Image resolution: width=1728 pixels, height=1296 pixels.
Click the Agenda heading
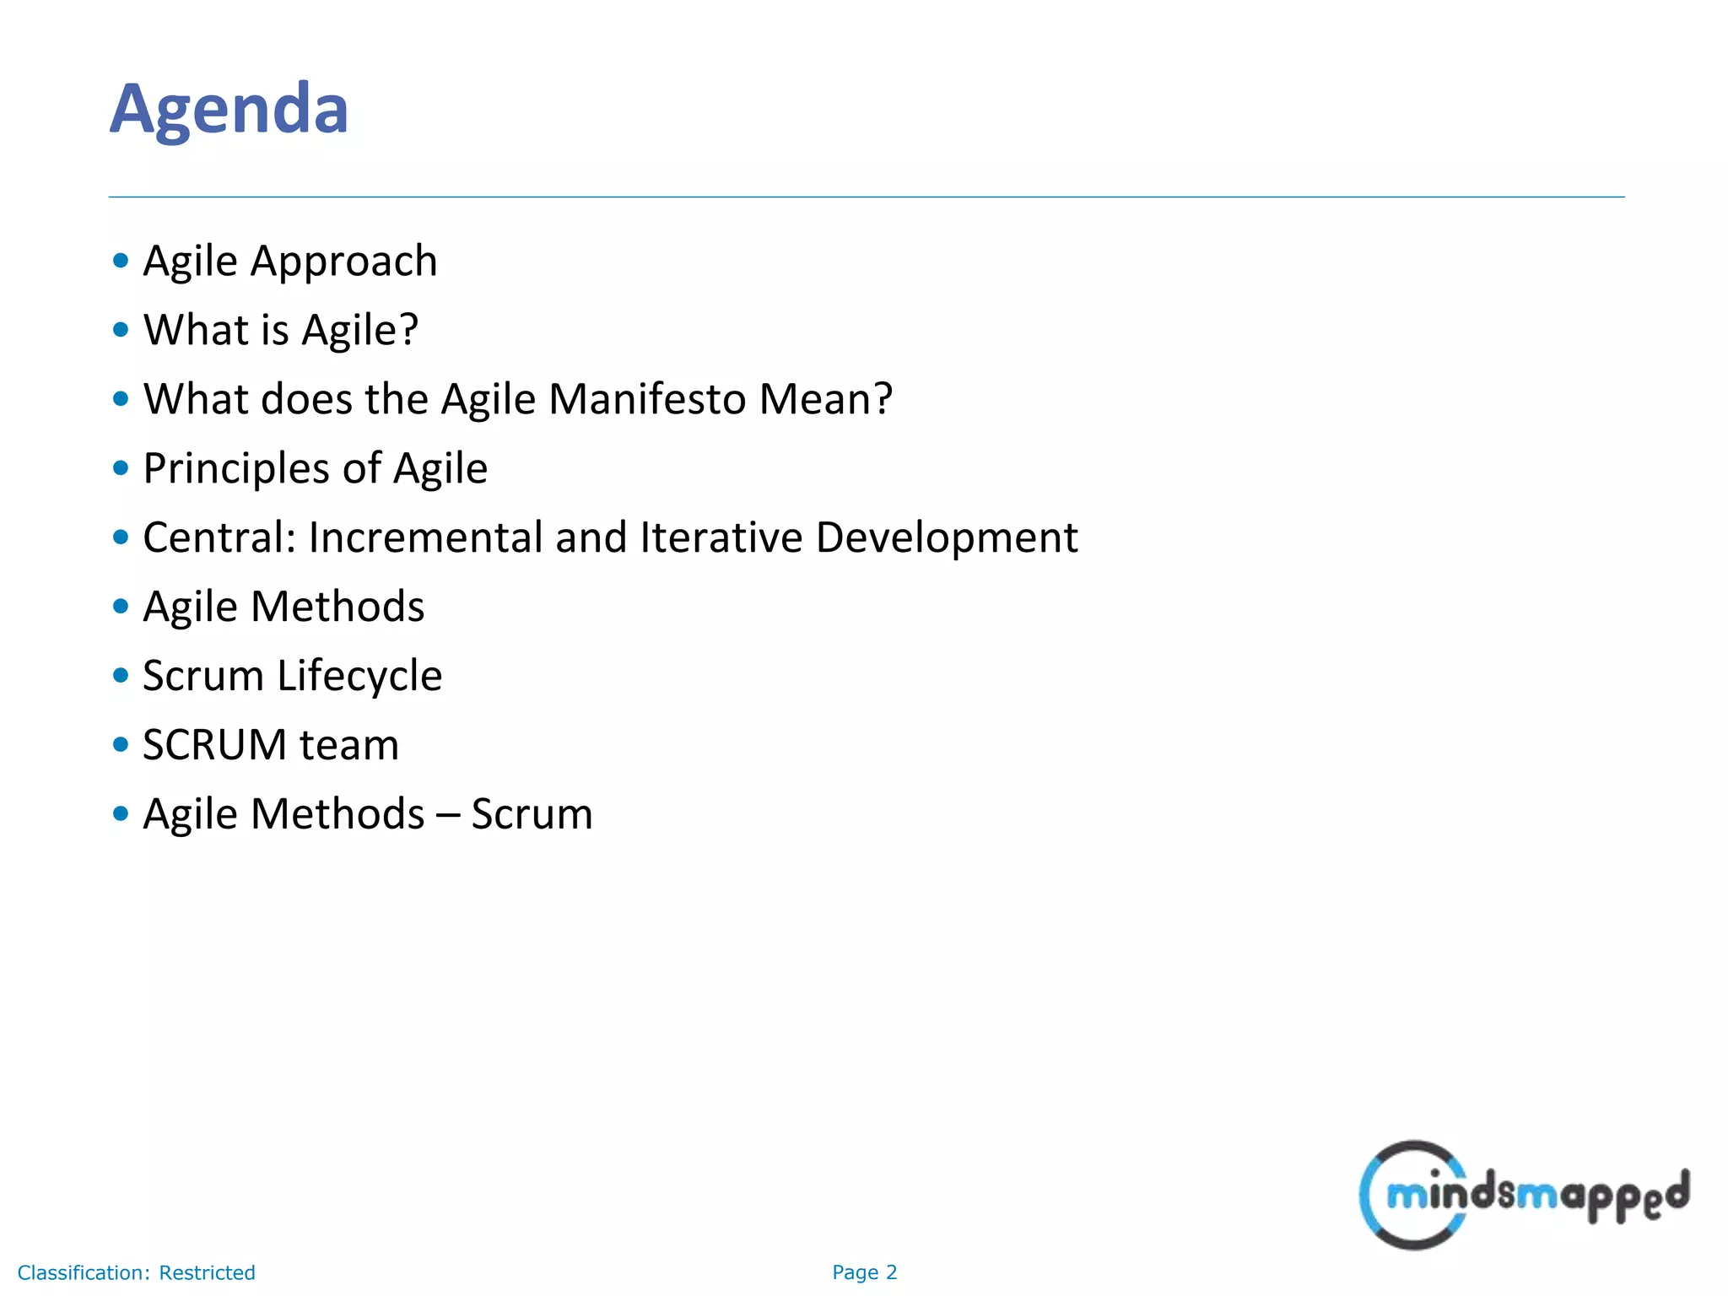click(x=229, y=109)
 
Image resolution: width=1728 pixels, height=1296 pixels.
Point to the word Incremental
click(x=425, y=537)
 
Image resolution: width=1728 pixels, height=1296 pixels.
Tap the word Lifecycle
click(x=359, y=677)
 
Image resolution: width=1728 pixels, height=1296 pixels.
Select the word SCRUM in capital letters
click(x=215, y=745)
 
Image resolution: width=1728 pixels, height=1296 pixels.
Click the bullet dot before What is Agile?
click(x=121, y=330)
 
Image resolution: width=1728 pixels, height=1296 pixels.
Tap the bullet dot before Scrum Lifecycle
click(x=121, y=675)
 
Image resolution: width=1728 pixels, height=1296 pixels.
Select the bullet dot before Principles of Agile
click(x=121, y=468)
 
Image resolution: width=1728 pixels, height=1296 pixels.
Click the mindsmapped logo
click(x=1523, y=1195)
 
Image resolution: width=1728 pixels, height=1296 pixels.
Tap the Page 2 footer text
click(x=864, y=1272)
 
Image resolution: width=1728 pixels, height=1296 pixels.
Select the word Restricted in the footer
click(x=207, y=1272)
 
